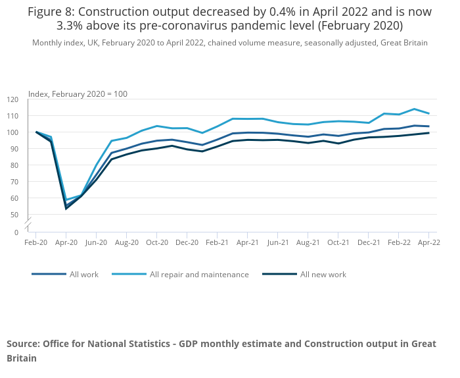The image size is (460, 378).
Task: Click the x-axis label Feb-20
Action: [x=36, y=242]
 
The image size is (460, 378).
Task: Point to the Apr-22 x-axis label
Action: [x=428, y=242]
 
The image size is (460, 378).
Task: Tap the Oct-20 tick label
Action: [x=156, y=242]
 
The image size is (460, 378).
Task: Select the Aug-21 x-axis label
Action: [x=308, y=242]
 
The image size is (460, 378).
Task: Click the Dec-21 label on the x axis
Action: [x=369, y=242]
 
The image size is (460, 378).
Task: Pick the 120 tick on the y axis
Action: [x=13, y=99]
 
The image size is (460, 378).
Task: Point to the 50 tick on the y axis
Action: [x=15, y=215]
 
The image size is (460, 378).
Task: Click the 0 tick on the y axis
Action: [x=17, y=232]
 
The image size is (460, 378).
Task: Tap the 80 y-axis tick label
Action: [x=15, y=165]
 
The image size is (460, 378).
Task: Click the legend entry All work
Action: [x=84, y=275]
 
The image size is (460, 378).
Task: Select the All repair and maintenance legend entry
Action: [x=199, y=275]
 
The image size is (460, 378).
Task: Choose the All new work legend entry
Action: [x=323, y=275]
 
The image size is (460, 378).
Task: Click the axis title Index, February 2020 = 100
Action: [x=78, y=94]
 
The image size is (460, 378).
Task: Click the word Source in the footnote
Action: [x=23, y=344]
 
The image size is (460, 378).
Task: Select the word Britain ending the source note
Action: [x=22, y=358]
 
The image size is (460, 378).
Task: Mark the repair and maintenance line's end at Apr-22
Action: [x=428, y=113]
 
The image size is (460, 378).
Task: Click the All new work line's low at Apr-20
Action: [x=66, y=209]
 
